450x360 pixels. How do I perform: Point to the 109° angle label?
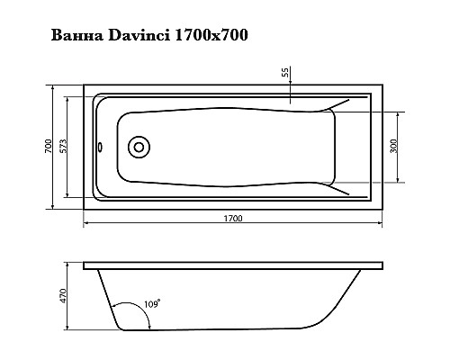152,305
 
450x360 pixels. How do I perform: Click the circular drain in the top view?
139,147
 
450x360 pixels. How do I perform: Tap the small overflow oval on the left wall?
99,147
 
